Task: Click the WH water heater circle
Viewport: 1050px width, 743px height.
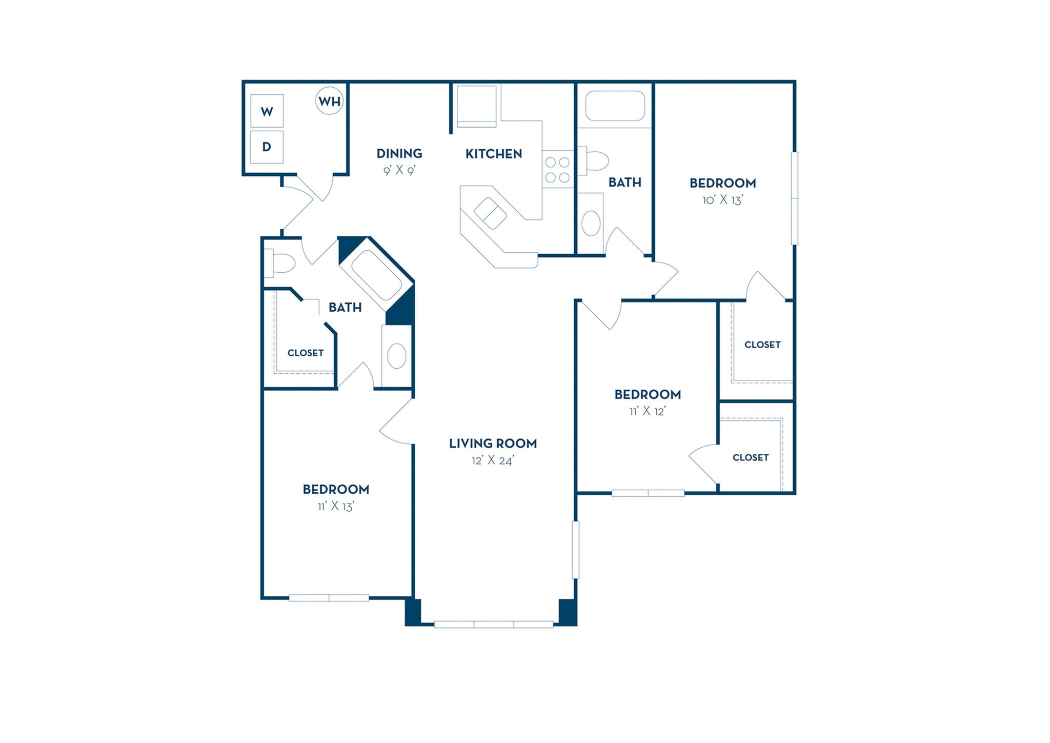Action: pyautogui.click(x=329, y=101)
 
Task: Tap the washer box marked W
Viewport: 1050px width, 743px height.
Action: pyautogui.click(x=267, y=111)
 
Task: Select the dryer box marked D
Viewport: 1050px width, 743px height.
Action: pyautogui.click(x=267, y=147)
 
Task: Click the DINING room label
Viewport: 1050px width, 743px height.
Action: pyautogui.click(x=399, y=153)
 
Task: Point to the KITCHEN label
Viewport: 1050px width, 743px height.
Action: pyautogui.click(x=493, y=153)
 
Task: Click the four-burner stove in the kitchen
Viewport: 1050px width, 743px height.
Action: pyautogui.click(x=557, y=170)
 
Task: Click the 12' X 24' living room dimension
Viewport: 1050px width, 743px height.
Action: pyautogui.click(x=492, y=460)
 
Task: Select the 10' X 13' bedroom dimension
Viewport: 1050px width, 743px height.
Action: pyautogui.click(x=722, y=200)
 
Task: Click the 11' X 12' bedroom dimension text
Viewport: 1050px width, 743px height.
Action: pyautogui.click(x=648, y=411)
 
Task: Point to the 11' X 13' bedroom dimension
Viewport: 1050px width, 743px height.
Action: pyautogui.click(x=336, y=506)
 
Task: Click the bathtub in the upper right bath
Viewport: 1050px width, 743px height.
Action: pyautogui.click(x=615, y=106)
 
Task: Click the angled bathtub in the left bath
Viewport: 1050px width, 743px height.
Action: pyautogui.click(x=377, y=275)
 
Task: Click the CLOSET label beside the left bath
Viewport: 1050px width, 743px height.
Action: pyautogui.click(x=306, y=353)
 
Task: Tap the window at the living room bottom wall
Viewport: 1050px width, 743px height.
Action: pyautogui.click(x=493, y=624)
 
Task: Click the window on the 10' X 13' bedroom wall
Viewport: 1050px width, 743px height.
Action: pyautogui.click(x=794, y=198)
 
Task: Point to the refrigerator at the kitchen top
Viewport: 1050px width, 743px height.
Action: pyautogui.click(x=476, y=106)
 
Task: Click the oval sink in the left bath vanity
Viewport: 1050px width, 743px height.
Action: pyautogui.click(x=397, y=356)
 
